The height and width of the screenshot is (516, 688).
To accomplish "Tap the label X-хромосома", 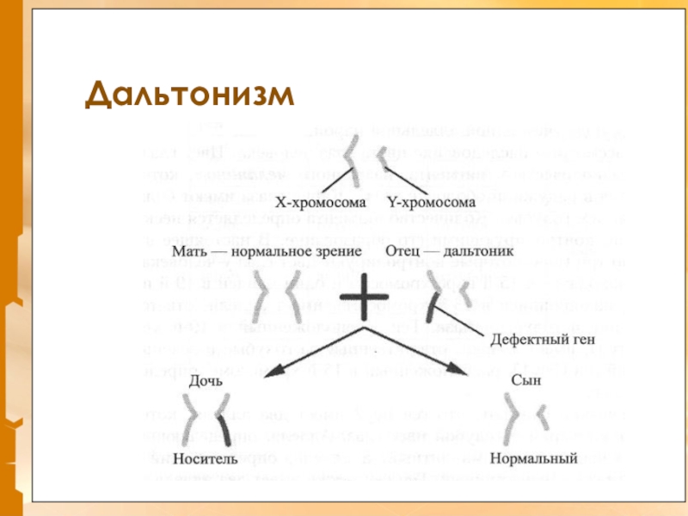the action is click(x=320, y=203).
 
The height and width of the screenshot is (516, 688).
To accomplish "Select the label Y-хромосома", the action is click(x=430, y=203).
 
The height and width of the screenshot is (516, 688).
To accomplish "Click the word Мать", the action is click(x=189, y=253).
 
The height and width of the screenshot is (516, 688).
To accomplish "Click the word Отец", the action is click(x=404, y=253).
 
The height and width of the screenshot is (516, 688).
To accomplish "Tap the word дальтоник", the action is click(x=477, y=253).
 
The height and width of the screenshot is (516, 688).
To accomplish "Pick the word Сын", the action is click(x=525, y=379).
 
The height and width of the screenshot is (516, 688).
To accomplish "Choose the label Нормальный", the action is click(x=532, y=458).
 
